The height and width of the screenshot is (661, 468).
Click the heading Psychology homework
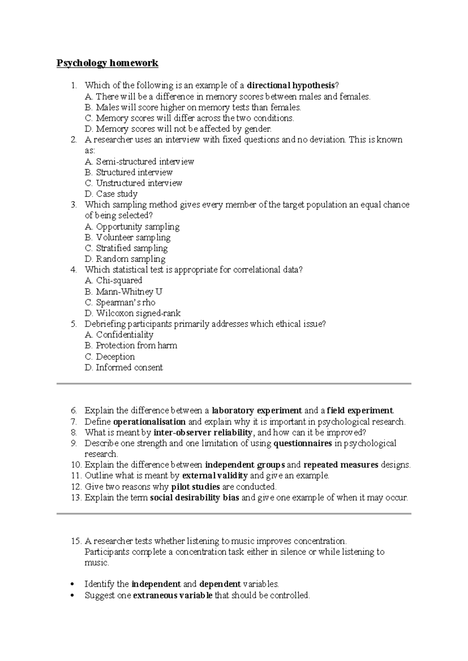(x=107, y=63)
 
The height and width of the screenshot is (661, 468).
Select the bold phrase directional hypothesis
(x=291, y=85)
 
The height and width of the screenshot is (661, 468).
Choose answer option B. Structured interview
(x=129, y=172)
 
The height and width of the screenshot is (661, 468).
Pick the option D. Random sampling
(x=125, y=259)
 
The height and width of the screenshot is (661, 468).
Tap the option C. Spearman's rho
(x=120, y=302)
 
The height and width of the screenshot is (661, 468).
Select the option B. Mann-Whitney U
(x=123, y=292)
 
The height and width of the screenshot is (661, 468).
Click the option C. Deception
(x=110, y=357)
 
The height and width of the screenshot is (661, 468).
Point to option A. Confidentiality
(x=119, y=335)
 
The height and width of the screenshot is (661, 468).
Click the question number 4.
(x=73, y=270)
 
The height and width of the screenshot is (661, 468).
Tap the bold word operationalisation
(x=149, y=422)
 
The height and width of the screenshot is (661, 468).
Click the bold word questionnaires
(x=303, y=443)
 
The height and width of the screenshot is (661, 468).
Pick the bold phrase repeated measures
(x=341, y=465)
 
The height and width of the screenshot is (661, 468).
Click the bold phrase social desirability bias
(x=195, y=498)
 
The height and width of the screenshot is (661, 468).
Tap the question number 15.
(x=76, y=541)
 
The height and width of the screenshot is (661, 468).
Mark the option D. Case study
(x=111, y=194)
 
